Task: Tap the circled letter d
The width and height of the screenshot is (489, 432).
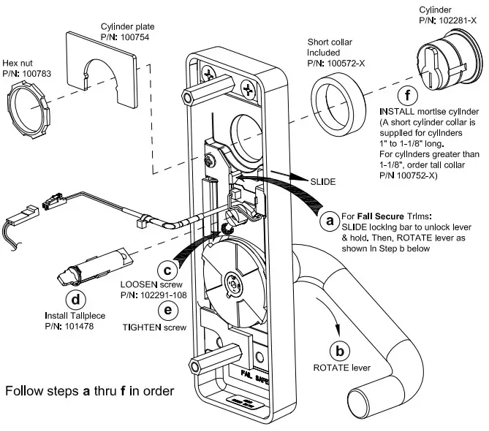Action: tap(75, 299)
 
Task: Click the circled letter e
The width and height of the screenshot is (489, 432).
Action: tap(168, 310)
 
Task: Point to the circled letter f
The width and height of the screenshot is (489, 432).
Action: tap(406, 96)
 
